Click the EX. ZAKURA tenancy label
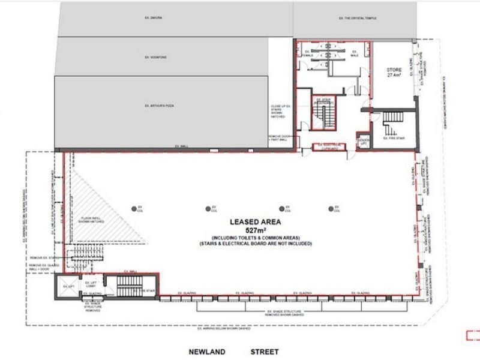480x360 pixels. pos(154,18)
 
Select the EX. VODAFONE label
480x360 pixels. pos(154,57)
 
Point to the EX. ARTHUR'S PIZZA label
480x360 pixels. pos(159,106)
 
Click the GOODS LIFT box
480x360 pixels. pos(363,140)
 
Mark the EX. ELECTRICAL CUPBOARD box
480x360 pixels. pos(329,146)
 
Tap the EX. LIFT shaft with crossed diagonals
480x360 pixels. pos(68,287)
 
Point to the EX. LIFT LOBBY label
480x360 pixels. pos(91,283)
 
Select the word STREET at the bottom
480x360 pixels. pos(265,352)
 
